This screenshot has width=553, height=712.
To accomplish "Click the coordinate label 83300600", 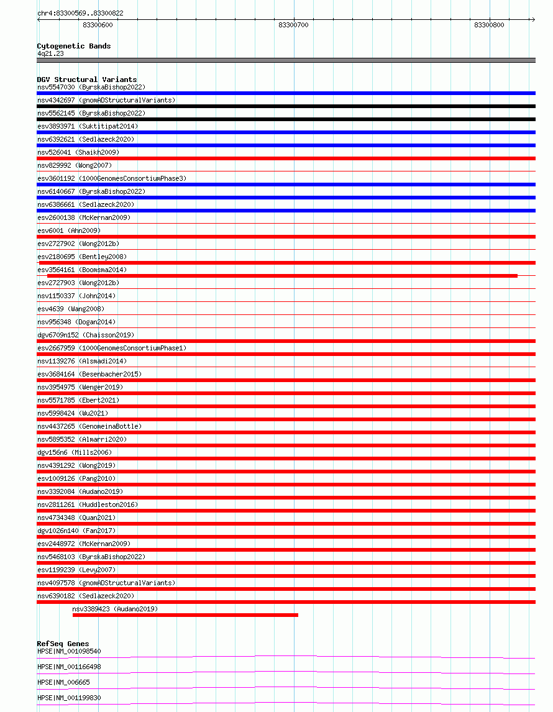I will point(98,25).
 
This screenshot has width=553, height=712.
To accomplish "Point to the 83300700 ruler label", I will point(293,25).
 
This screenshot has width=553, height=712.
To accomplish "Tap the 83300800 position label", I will point(488,25).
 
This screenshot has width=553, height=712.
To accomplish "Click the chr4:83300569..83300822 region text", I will point(80,13).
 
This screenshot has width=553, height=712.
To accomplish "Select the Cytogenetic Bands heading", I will point(73,46).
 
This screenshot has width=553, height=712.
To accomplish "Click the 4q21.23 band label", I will point(50,53).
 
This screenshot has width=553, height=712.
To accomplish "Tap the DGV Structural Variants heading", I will point(86,80).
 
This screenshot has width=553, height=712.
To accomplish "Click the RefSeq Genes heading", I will point(63,644).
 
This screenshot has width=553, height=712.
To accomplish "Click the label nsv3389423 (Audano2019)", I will point(115,609).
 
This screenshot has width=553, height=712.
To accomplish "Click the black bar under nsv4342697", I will point(286,106).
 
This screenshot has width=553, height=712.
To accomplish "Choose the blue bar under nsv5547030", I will point(286,93).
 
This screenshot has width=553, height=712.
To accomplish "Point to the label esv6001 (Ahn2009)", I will point(68,230).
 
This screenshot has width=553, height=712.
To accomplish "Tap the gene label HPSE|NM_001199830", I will point(69,698).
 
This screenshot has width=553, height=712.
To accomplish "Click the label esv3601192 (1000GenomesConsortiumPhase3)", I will point(111,178).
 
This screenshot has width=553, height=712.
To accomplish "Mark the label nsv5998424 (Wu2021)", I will point(72,413).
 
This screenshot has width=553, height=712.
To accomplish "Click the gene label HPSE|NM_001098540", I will point(69,651).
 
